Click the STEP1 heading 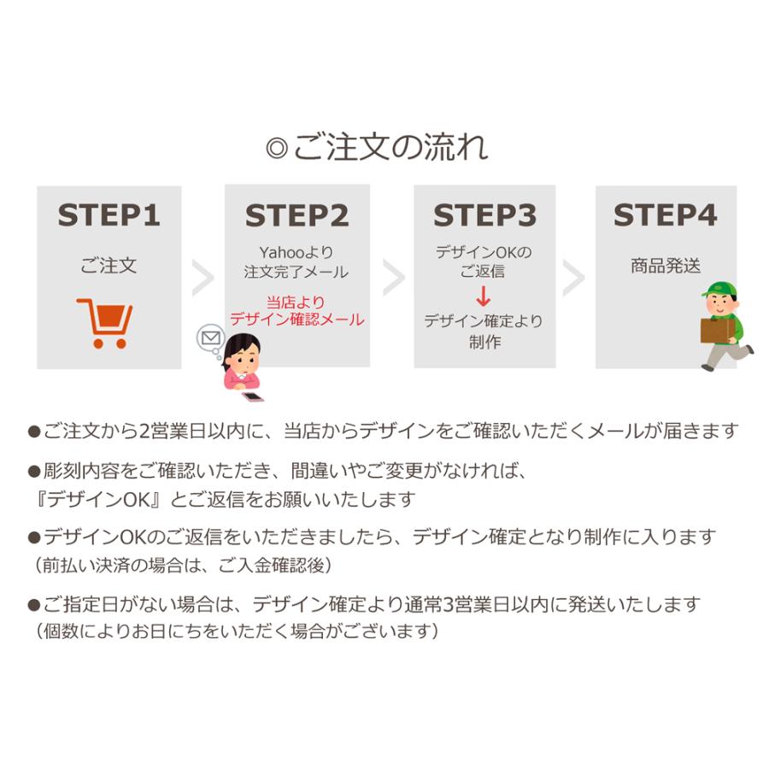pyautogui.click(x=109, y=215)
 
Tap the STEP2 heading pyautogui.click(x=296, y=215)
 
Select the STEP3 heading pyautogui.click(x=484, y=215)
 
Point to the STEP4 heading pyautogui.click(x=666, y=215)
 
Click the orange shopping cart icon pyautogui.click(x=105, y=323)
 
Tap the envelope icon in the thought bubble pyautogui.click(x=211, y=338)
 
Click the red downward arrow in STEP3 pyautogui.click(x=484, y=296)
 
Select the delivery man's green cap pyautogui.click(x=719, y=290)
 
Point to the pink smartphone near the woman pyautogui.click(x=253, y=396)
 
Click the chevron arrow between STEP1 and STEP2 pyautogui.click(x=203, y=278)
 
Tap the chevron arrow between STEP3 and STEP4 pyautogui.click(x=573, y=278)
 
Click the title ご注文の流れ pyautogui.click(x=390, y=147)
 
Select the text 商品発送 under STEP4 pyautogui.click(x=666, y=266)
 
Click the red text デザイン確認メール pyautogui.click(x=297, y=320)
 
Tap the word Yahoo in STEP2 pyautogui.click(x=283, y=253)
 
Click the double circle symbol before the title pyautogui.click(x=277, y=148)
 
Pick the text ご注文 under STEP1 pyautogui.click(x=109, y=266)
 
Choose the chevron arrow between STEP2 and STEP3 pyautogui.click(x=393, y=278)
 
